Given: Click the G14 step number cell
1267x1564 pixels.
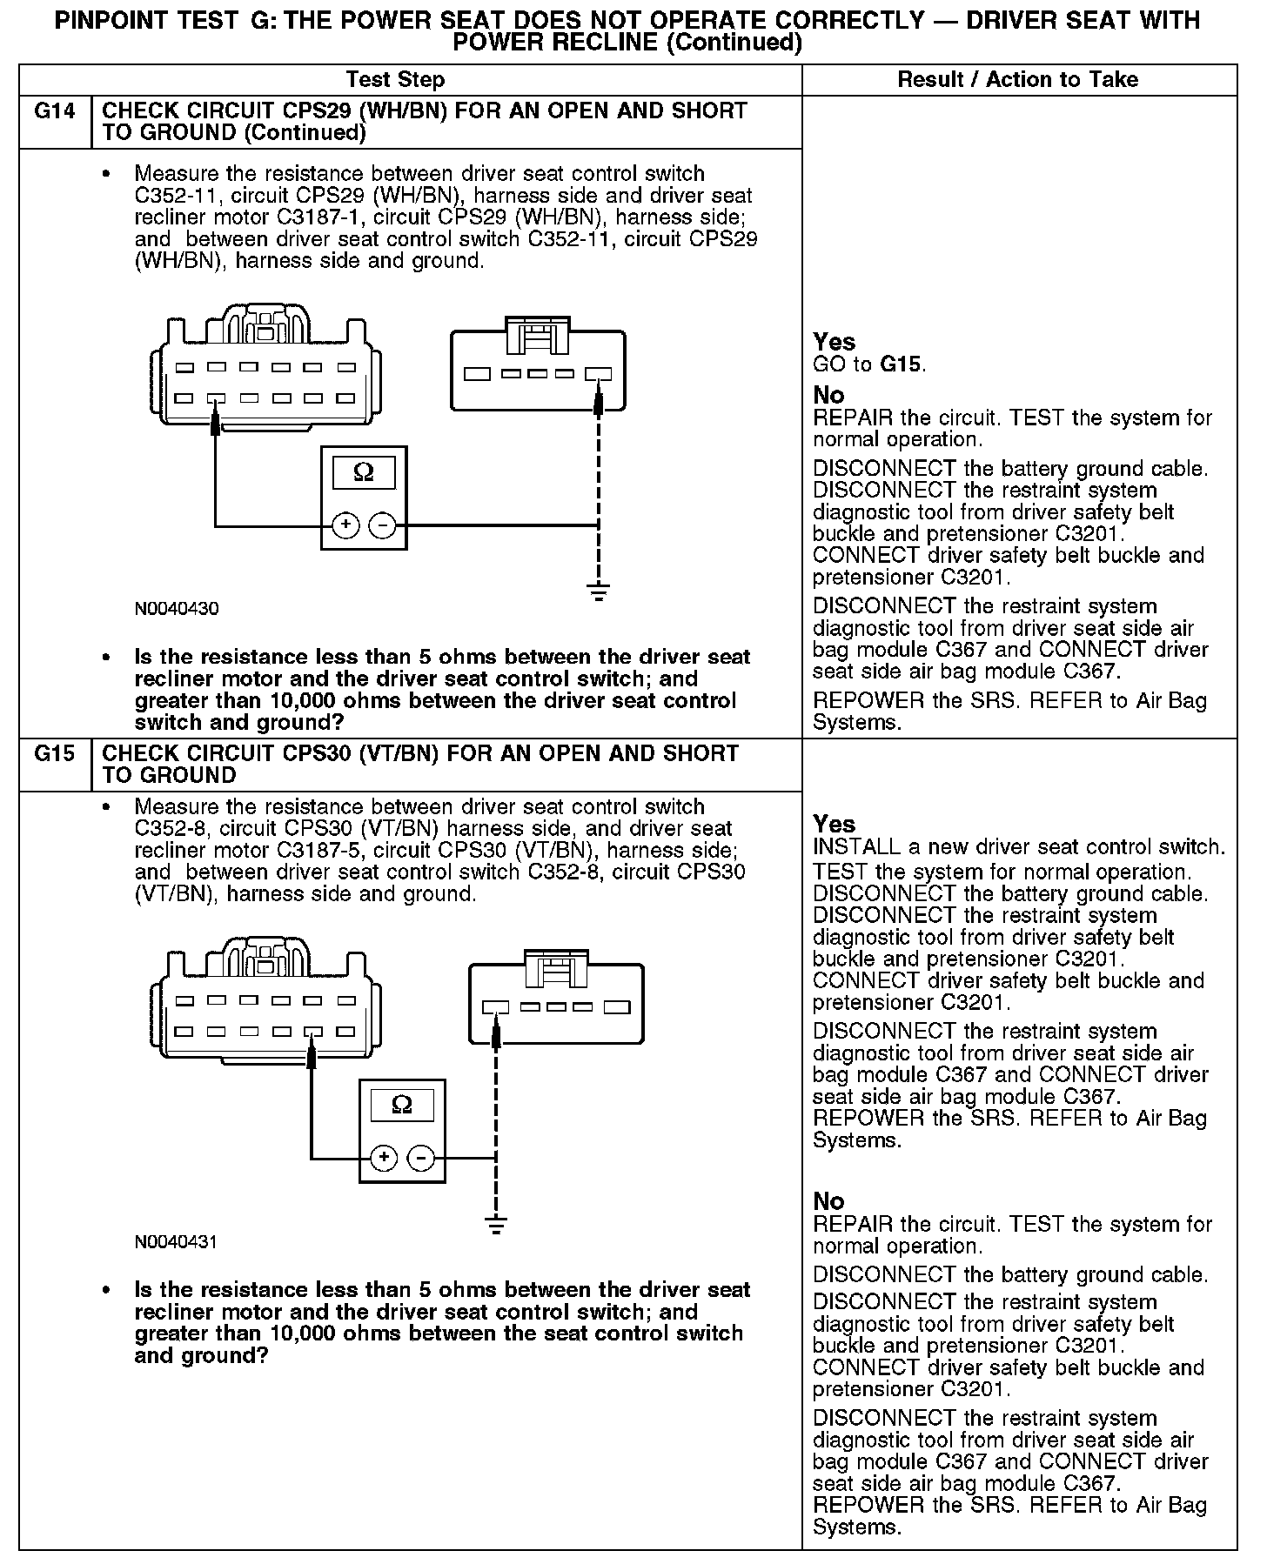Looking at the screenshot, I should [x=54, y=112].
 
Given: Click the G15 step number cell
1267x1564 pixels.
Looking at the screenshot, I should [x=54, y=754].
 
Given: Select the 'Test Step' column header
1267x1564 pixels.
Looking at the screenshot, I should [x=395, y=80].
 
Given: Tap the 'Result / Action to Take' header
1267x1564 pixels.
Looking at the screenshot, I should [x=1017, y=80].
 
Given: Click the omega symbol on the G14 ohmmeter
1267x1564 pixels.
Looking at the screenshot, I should [x=364, y=473].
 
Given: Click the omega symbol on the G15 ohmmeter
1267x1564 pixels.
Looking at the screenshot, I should [x=402, y=1106].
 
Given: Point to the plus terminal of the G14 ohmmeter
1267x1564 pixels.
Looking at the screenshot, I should [x=346, y=525].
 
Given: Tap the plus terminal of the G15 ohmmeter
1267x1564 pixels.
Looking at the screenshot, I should [x=384, y=1158].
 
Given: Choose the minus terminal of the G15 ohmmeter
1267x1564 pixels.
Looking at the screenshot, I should [x=421, y=1158].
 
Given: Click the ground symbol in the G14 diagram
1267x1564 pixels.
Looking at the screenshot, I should [x=599, y=594].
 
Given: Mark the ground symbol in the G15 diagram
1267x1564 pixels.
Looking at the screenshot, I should [x=495, y=1226].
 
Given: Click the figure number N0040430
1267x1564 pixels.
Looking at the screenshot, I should [x=177, y=609].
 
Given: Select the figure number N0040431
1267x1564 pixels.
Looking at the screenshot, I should [x=176, y=1242].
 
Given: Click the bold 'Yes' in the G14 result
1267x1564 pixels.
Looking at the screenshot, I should [x=834, y=342].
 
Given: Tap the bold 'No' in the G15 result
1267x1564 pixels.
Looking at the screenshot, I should [x=828, y=1201].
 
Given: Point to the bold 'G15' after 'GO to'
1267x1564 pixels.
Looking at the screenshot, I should [x=901, y=364].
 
